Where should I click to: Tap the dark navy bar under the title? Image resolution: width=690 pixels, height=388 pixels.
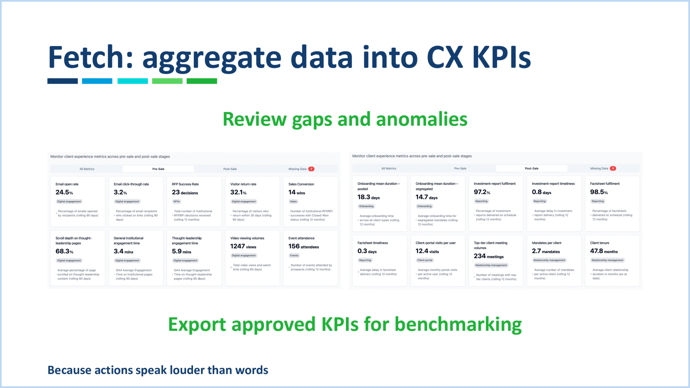62,81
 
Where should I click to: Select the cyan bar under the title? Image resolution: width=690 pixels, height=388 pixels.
132,81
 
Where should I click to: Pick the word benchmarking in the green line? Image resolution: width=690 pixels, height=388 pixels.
458,324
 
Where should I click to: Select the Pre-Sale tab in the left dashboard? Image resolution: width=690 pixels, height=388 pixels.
158,169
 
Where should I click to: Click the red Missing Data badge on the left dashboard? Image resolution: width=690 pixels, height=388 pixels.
311,169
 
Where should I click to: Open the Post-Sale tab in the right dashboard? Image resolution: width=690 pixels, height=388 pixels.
531,168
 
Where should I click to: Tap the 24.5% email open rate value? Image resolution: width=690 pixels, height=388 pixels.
64,192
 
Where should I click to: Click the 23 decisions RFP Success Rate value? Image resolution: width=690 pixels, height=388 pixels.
185,192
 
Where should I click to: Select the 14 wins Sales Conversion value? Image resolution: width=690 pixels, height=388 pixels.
296,192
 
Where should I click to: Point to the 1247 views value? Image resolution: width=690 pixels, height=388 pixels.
243,247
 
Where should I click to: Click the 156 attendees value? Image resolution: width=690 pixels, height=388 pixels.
303,247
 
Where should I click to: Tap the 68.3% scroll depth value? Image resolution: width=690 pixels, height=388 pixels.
64,251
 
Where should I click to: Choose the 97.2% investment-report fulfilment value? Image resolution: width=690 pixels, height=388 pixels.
482,192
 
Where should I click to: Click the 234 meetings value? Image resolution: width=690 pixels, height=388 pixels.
488,256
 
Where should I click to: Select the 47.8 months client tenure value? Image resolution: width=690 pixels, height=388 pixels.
603,251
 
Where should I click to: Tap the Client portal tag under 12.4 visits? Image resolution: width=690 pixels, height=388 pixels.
425,260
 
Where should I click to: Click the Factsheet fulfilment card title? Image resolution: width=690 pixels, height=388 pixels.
604,184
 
